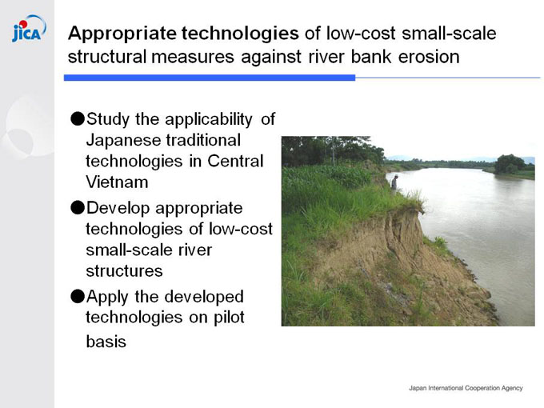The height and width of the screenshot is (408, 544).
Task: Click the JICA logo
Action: (x=29, y=29)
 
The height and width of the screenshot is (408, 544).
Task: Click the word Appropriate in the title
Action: (x=122, y=34)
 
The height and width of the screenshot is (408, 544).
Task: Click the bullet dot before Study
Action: (x=78, y=118)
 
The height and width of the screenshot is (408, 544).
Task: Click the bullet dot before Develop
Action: (x=78, y=207)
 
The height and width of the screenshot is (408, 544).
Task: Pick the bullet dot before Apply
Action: (x=78, y=296)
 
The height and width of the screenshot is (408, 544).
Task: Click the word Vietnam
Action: (x=117, y=182)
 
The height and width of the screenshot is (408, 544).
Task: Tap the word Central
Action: (x=235, y=161)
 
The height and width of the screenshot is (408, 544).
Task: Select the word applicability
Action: (x=209, y=120)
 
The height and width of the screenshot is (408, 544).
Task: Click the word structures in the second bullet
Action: (x=124, y=271)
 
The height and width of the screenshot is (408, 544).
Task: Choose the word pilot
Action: (x=229, y=318)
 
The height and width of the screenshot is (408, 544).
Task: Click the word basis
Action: (x=106, y=342)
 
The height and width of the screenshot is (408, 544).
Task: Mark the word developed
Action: (x=204, y=298)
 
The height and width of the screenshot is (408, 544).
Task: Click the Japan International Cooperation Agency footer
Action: (x=466, y=388)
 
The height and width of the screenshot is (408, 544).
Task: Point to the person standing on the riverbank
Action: (x=394, y=182)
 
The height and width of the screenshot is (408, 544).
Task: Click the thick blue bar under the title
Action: (x=210, y=78)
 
